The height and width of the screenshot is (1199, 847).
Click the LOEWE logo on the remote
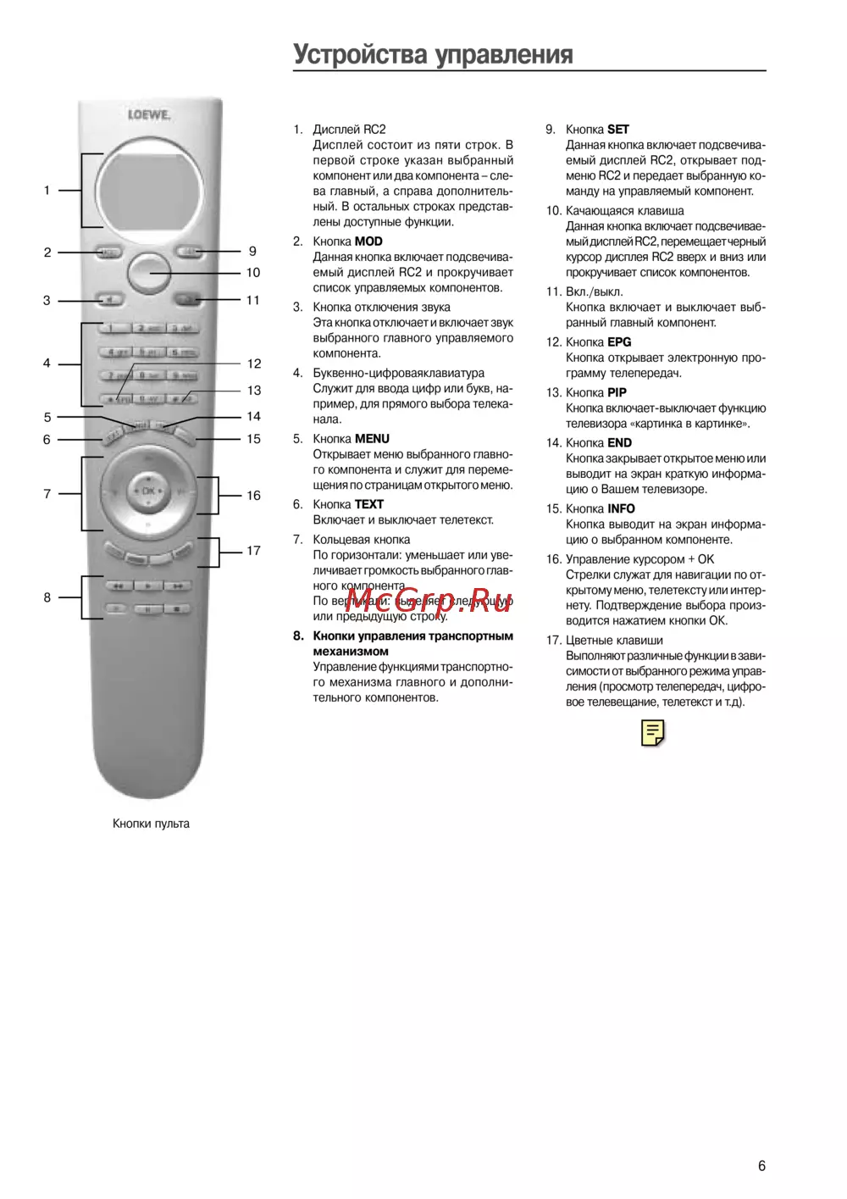click(149, 114)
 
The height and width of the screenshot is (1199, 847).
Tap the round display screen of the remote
click(150, 190)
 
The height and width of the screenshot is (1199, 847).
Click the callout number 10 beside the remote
click(253, 273)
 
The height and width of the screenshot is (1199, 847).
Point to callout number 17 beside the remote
click(253, 551)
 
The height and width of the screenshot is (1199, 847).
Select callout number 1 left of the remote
click(47, 191)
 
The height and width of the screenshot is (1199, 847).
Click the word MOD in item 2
click(368, 241)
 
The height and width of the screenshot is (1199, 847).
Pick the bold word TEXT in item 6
click(368, 504)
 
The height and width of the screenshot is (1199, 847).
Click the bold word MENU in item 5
click(372, 439)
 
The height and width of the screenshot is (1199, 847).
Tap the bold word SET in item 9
click(618, 130)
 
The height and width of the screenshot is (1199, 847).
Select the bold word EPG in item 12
click(619, 342)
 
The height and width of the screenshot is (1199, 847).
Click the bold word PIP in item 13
click(617, 392)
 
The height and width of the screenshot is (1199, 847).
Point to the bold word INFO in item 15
click(621, 508)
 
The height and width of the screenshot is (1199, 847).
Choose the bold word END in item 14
click(619, 442)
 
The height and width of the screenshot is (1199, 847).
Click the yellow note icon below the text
click(653, 733)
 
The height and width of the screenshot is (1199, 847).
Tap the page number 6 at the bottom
click(761, 1166)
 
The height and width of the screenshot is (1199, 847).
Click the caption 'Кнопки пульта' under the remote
click(151, 824)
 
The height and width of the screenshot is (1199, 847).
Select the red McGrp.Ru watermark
click(429, 601)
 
